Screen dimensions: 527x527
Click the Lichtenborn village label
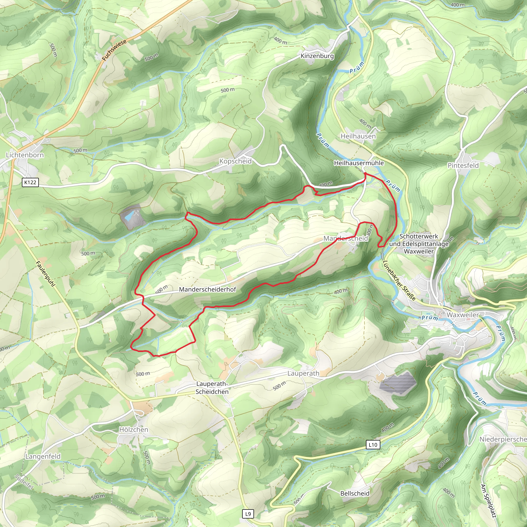pos(25,155)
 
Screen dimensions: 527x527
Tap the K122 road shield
pos(30,182)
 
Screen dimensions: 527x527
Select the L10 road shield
pos(373,445)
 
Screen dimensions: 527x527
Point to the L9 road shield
pos(248,514)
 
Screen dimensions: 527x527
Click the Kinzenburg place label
pos(317,56)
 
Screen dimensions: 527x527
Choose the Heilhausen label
pos(358,136)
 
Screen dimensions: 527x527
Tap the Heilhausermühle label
pos(359,163)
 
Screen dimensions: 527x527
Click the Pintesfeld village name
pos(463,165)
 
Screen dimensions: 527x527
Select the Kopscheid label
pos(235,161)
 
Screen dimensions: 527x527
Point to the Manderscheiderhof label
pos(207,289)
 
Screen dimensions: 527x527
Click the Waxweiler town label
pos(463,315)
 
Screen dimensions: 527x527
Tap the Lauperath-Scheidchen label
pos(212,388)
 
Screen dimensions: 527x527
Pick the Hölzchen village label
pos(134,430)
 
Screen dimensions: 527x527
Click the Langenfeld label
pos(43,456)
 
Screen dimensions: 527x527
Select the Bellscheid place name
pos(355,494)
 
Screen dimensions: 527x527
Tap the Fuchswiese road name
pos(115,50)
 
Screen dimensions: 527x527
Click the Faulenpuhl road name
pos(46,274)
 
